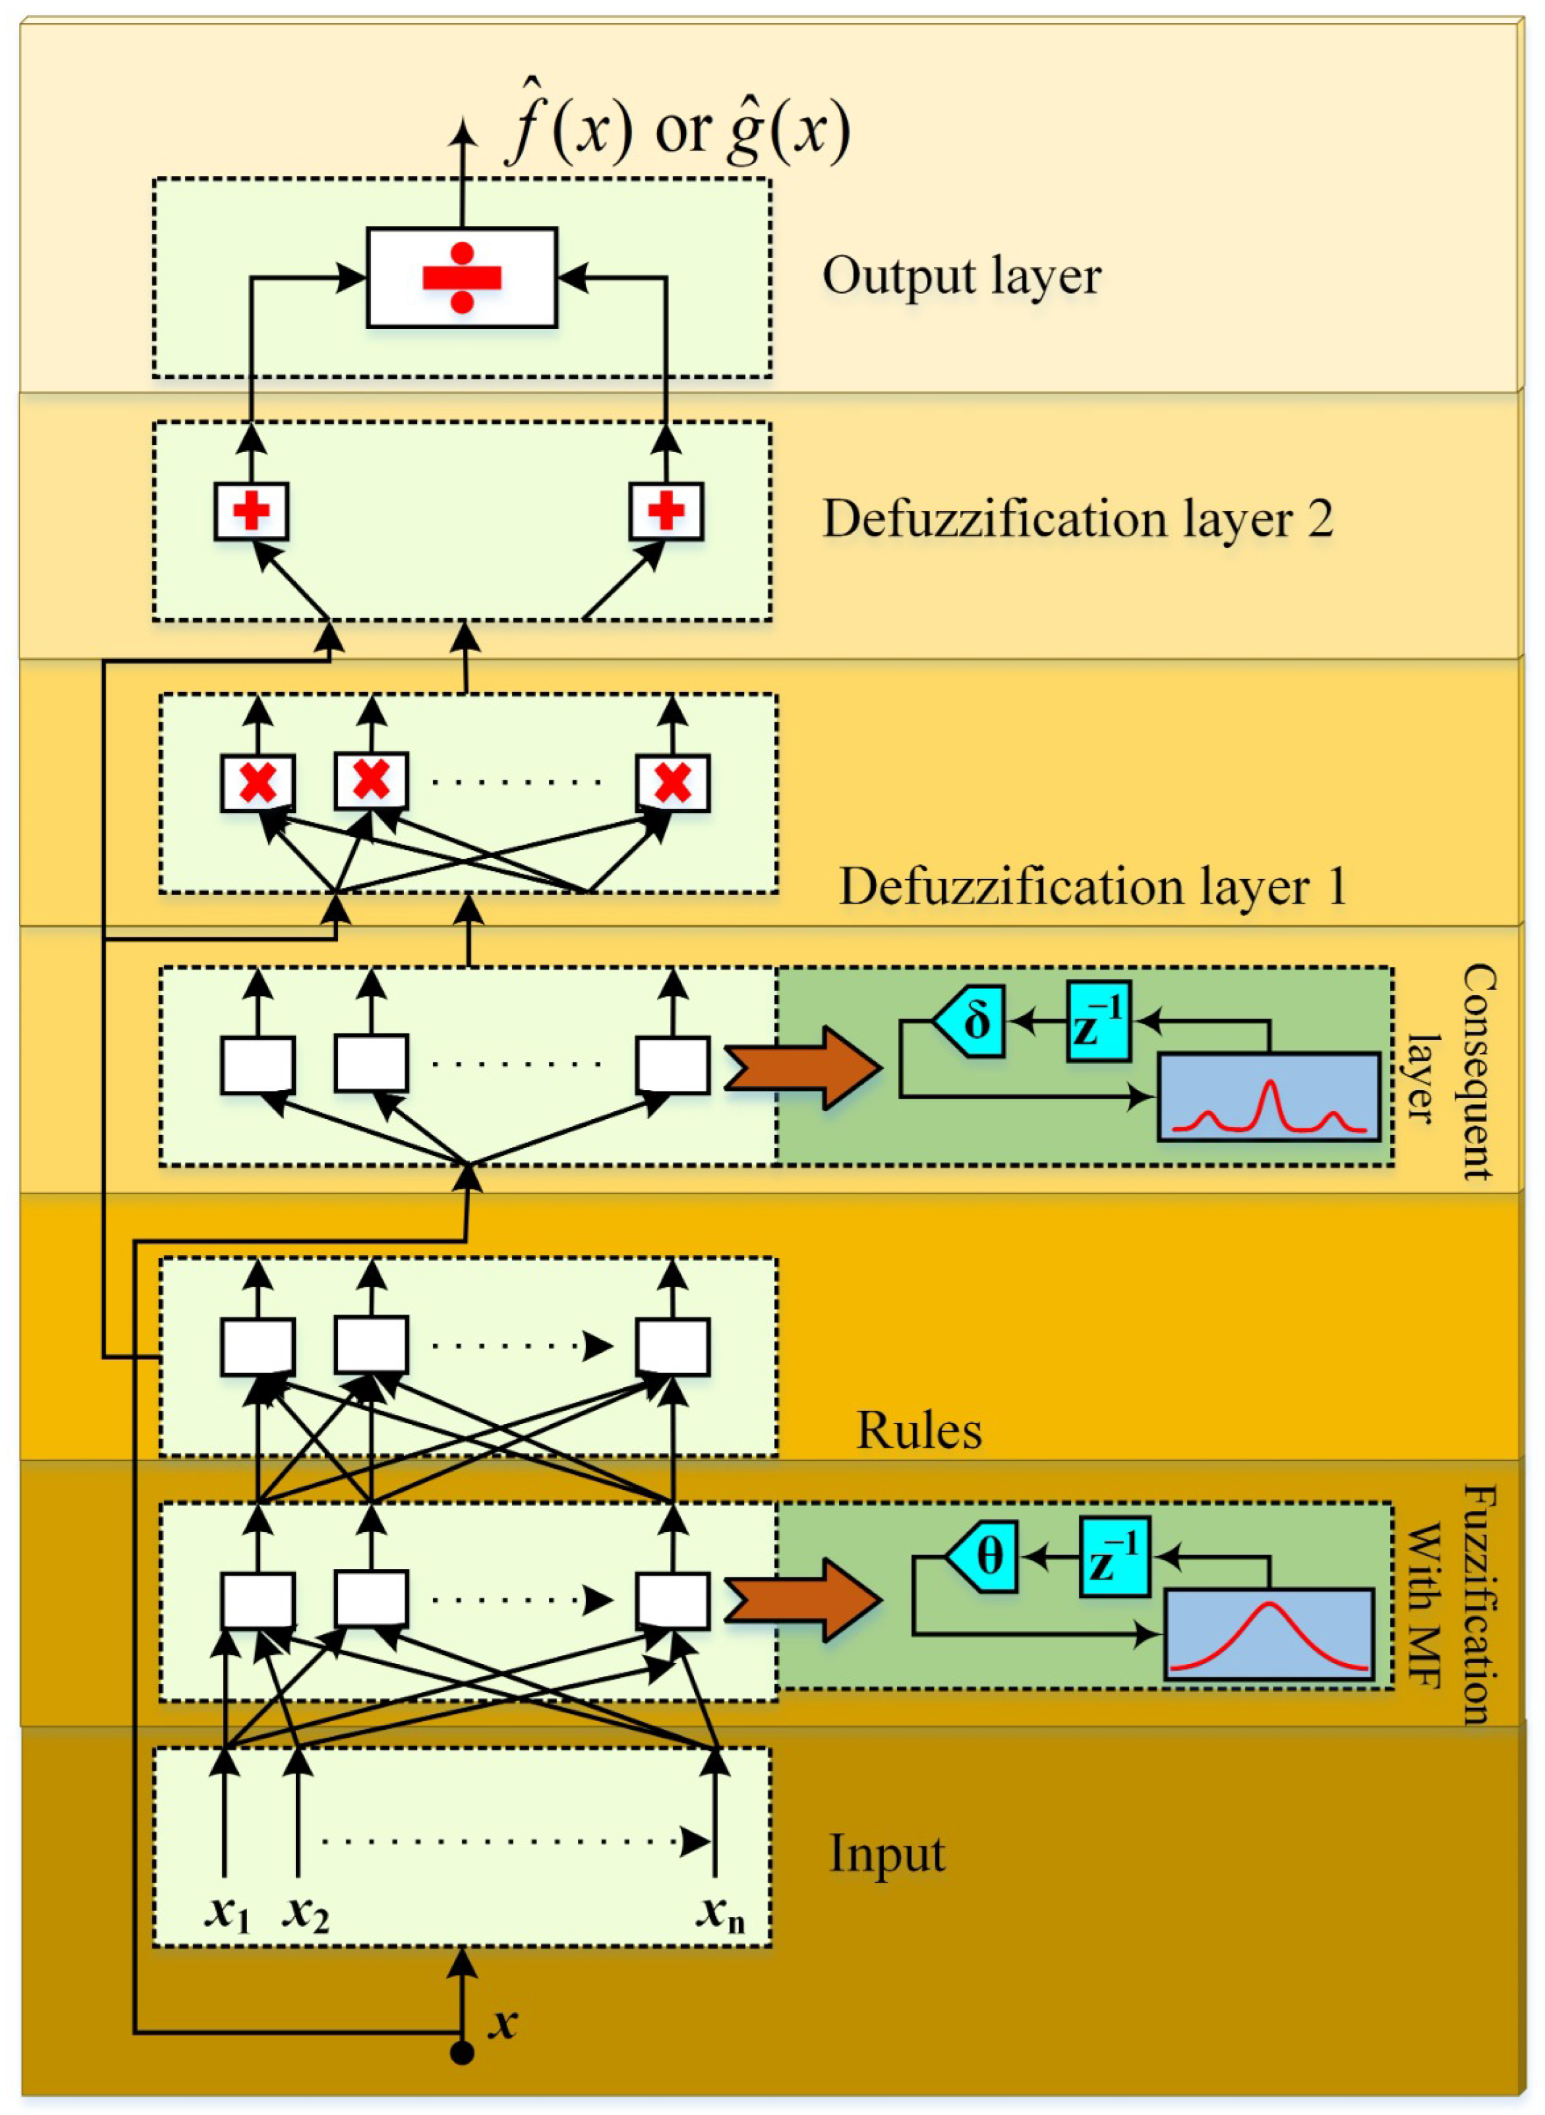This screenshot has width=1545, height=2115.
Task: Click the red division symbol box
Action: [x=462, y=278]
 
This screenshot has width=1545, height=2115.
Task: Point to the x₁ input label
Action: [x=228, y=1909]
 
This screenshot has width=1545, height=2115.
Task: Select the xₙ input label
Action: [x=721, y=1909]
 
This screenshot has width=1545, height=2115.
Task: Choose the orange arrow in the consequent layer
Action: [x=803, y=1067]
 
